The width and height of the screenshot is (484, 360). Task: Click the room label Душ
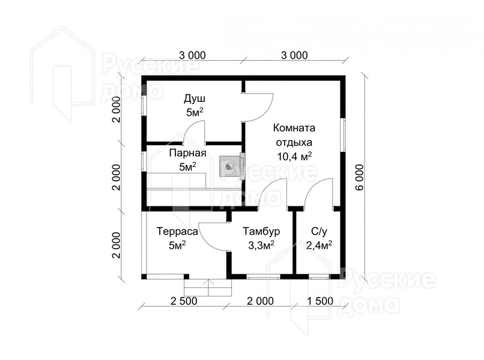pos(195,100)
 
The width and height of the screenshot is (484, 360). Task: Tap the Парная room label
pos(188,153)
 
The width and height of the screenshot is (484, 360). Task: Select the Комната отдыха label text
pos(294,135)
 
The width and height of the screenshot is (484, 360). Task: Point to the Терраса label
pos(177,232)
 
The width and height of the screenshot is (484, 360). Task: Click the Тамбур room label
pos(261,232)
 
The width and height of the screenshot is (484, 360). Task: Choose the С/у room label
pos(319,231)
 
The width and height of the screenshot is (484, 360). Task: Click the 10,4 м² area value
pos(294,157)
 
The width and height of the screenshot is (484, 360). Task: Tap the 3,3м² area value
pos(261,245)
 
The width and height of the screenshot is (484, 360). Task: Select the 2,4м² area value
pos(319,245)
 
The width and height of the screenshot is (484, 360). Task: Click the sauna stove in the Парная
pos(229,166)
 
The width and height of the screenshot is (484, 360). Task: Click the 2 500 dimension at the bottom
pos(184,301)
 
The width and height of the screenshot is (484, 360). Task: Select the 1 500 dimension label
pos(320,301)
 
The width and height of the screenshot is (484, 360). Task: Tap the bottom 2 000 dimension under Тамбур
pos(260,301)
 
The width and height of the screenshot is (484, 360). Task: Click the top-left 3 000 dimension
pos(192,55)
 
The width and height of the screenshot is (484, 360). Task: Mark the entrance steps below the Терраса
pos(208,287)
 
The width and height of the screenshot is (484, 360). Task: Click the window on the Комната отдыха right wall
pos(343,135)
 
